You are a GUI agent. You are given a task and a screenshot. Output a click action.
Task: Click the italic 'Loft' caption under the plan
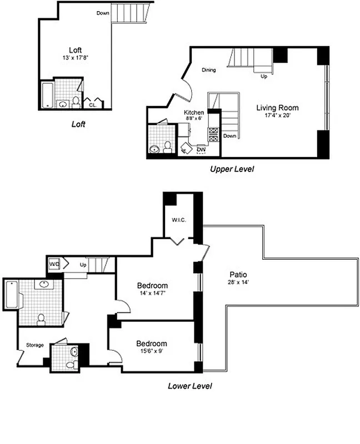tap(78, 124)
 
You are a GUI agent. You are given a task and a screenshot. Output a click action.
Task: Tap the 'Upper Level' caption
tap(232, 169)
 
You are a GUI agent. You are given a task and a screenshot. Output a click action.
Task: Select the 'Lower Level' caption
tap(189, 385)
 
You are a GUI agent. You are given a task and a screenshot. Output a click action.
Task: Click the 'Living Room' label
tap(277, 108)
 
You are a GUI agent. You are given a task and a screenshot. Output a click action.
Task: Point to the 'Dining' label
tap(208, 70)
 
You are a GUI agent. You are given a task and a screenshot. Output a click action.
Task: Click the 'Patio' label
tap(238, 274)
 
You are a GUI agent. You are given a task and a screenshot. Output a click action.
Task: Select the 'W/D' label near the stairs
tap(54, 264)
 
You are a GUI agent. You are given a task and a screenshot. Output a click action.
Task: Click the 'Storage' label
tap(35, 345)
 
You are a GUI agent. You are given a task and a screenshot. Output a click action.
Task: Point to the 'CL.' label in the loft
tap(92, 104)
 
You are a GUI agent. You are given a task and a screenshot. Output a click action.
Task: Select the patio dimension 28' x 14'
tap(238, 282)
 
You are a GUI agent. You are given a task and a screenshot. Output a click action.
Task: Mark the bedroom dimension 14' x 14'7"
tap(152, 294)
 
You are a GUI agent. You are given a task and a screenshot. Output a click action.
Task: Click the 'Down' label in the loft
tap(102, 13)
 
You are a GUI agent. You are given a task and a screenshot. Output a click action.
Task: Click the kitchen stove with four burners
tap(213, 133)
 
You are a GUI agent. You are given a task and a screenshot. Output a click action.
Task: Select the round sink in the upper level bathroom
tap(154, 148)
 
